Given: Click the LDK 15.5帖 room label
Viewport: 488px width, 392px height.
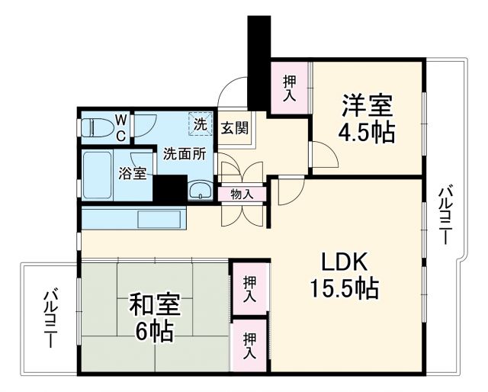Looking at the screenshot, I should pyautogui.click(x=344, y=275).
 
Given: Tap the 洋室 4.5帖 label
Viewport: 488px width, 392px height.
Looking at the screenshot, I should pyautogui.click(x=367, y=117).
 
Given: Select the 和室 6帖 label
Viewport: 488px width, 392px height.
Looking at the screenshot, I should pyautogui.click(x=154, y=317).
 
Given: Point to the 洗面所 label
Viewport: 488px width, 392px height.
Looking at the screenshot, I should pyautogui.click(x=185, y=153).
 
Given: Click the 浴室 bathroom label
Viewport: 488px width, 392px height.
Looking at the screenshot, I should pyautogui.click(x=132, y=173).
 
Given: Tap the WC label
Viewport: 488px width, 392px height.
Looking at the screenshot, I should pyautogui.click(x=120, y=127).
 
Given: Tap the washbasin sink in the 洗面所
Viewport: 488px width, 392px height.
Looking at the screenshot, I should pyautogui.click(x=200, y=190).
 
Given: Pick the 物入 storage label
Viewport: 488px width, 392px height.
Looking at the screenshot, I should pyautogui.click(x=242, y=194).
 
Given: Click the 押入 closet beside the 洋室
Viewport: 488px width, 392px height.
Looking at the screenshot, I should pyautogui.click(x=290, y=88).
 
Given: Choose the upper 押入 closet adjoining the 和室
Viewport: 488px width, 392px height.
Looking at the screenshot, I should pyautogui.click(x=249, y=288).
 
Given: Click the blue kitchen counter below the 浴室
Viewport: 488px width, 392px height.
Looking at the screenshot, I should pyautogui.click(x=133, y=218).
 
